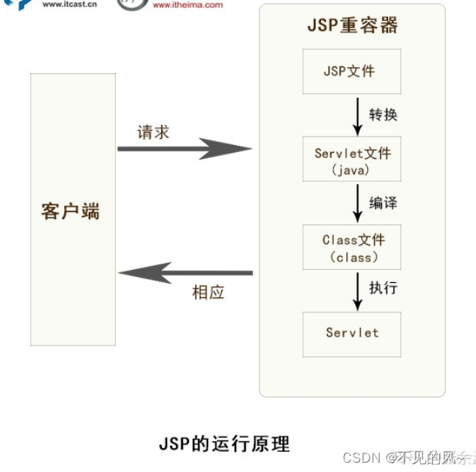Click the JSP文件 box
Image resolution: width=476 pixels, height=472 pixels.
tap(351, 71)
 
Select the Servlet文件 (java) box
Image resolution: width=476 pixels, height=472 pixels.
tap(351, 160)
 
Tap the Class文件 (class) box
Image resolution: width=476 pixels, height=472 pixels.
tap(351, 248)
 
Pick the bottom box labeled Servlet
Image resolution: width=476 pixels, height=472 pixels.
tap(351, 333)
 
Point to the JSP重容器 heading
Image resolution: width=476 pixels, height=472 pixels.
tap(352, 25)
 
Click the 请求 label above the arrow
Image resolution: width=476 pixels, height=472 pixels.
tap(153, 132)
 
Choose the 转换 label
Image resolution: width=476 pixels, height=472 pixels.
tap(383, 115)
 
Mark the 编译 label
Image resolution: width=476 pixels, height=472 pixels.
tap(383, 203)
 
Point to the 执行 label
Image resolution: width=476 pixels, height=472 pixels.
tap(383, 288)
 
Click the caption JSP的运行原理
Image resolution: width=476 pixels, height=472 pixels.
tap(224, 444)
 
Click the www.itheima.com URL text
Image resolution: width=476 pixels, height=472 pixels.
tap(187, 5)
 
